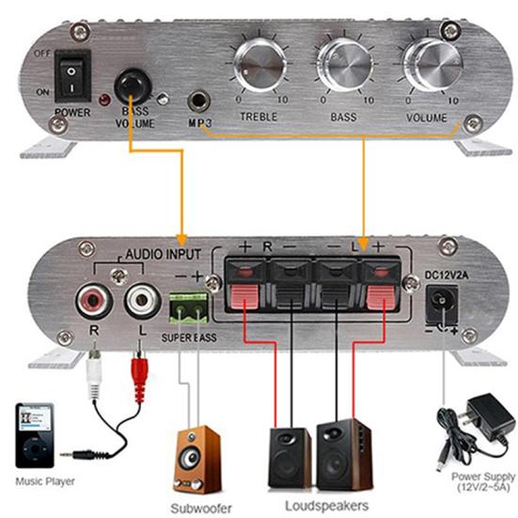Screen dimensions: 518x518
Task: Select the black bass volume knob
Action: [x=133, y=87]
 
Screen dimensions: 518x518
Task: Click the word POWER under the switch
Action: [x=71, y=111]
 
